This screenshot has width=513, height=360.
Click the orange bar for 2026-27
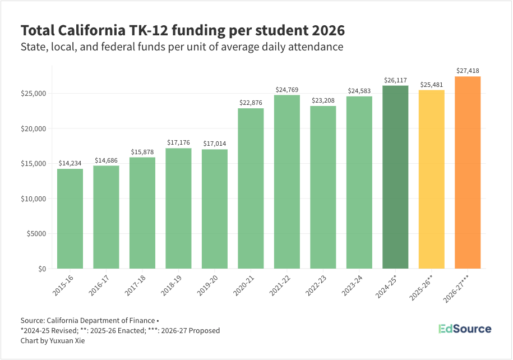468,173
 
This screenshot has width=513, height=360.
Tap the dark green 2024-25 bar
395,177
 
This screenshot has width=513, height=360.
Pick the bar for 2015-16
70,219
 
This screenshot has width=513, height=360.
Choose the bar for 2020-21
251,188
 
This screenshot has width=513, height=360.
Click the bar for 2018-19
178,209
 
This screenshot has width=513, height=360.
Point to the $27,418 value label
468,71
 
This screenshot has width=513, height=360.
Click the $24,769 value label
287,90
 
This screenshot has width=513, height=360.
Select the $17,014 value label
215,144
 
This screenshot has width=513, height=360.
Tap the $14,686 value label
107,160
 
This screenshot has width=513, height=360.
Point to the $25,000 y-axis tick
35,93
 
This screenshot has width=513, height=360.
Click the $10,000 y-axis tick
35,199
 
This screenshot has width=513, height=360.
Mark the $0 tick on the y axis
41,269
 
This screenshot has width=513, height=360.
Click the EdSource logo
464,329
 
